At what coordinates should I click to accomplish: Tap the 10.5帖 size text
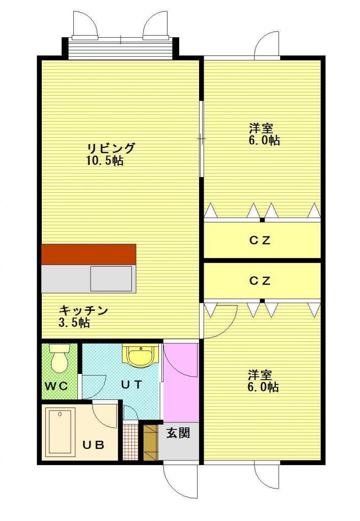[x=105, y=161]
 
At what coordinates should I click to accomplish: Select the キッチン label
[x=84, y=311]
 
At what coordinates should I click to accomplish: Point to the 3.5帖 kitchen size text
[x=74, y=323]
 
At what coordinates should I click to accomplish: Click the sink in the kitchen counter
[x=111, y=278]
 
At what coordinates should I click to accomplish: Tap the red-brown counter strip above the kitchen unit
[x=89, y=254]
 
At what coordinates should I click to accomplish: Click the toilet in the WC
[x=60, y=358]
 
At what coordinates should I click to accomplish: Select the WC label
[x=57, y=386]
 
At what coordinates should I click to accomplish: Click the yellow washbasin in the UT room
[x=141, y=355]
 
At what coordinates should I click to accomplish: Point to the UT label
[x=132, y=385]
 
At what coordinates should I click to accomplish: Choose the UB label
[x=93, y=445]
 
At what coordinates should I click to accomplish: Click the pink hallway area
[x=181, y=383]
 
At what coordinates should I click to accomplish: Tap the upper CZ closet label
[x=260, y=240]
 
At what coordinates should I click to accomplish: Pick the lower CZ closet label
[x=260, y=281]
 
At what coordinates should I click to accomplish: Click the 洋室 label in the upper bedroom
[x=261, y=129]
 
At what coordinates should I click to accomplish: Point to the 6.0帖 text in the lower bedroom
[x=263, y=387]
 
